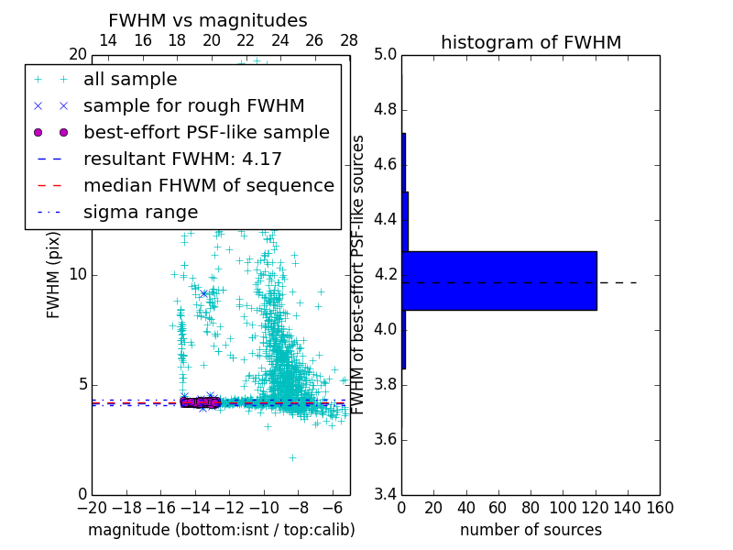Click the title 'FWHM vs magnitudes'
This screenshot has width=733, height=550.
pos(208,20)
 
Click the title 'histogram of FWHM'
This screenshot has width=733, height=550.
pos(531,42)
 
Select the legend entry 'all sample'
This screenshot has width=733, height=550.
pos(130,80)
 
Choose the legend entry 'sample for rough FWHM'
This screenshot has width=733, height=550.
pos(193,105)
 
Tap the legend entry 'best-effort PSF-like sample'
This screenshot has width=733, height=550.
pos(206,132)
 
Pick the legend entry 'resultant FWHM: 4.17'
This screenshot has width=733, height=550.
pos(182,159)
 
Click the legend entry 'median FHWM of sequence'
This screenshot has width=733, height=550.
pos(208,185)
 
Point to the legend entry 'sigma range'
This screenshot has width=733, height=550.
pos(140,212)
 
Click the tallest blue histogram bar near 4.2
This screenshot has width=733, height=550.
pos(499,280)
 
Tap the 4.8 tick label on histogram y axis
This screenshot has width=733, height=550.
pos(386,110)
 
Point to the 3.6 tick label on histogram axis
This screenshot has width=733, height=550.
pos(386,439)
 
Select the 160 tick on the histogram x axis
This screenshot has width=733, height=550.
pos(660,507)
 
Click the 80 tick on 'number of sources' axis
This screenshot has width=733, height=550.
pos(531,507)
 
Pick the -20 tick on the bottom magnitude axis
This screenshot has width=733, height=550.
pos(92,507)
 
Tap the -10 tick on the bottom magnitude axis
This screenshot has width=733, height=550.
pos(264,507)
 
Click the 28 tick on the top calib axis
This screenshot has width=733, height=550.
pos(349,40)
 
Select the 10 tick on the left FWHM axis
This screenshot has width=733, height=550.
pos(77,275)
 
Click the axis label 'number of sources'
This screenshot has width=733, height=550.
pos(531,530)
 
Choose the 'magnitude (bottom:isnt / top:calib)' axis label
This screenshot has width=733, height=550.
pos(221,530)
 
